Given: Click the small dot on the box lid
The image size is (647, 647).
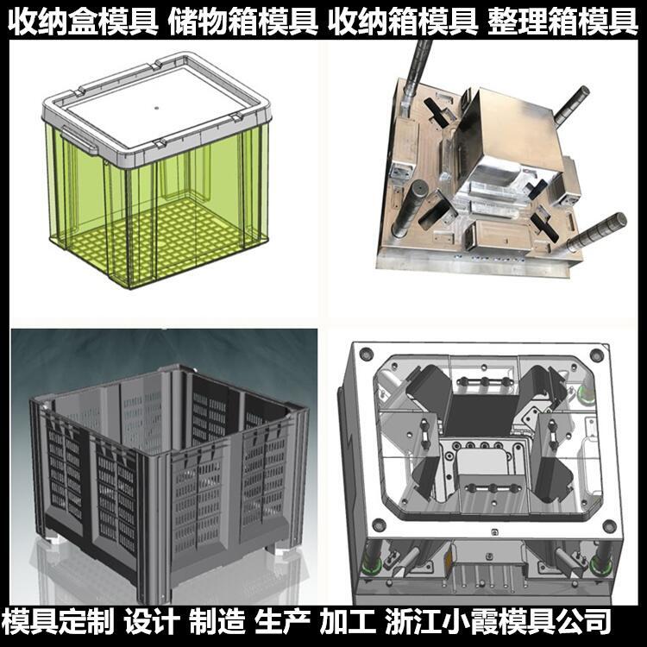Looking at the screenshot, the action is pyautogui.click(x=156, y=108).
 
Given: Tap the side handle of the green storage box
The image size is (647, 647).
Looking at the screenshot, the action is pyautogui.click(x=79, y=141).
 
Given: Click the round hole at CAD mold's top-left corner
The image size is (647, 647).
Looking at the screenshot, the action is pyautogui.click(x=366, y=354).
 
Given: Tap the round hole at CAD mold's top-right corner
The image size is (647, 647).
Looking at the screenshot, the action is pyautogui.click(x=596, y=355).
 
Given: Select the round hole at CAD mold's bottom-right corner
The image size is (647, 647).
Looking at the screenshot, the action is pyautogui.click(x=609, y=526).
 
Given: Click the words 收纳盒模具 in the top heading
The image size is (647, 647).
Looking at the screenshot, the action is pyautogui.click(x=83, y=22).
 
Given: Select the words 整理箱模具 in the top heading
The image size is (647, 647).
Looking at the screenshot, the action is pyautogui.click(x=562, y=22).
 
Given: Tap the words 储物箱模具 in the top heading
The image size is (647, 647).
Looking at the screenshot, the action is pyautogui.click(x=243, y=22).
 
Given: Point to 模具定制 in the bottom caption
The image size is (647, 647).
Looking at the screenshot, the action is pyautogui.click(x=58, y=621).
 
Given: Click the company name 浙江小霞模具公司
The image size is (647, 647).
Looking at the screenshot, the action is pyautogui.click(x=498, y=621).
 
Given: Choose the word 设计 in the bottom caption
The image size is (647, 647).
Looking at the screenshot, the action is pyautogui.click(x=152, y=621).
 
